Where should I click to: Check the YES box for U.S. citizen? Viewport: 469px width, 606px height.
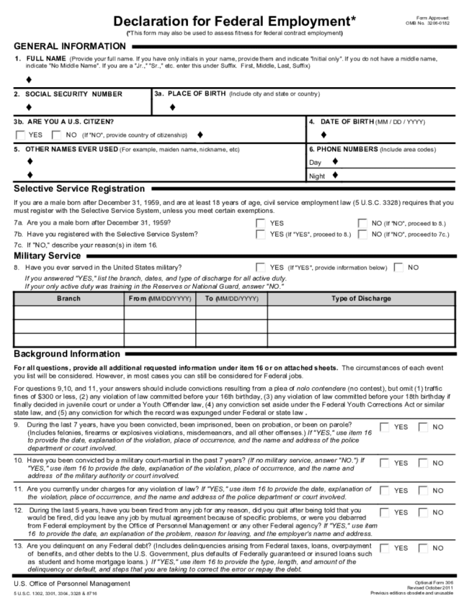21,134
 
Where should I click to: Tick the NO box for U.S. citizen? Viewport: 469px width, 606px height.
56,134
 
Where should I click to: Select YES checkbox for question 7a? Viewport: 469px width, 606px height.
261,224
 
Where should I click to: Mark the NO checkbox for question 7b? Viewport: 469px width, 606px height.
363,234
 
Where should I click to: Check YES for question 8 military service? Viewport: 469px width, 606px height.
261,267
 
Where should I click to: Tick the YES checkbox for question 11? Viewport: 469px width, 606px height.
384,490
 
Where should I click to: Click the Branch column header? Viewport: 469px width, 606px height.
68,299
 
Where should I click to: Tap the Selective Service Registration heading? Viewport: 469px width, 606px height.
79,188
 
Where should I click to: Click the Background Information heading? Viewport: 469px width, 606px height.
67,354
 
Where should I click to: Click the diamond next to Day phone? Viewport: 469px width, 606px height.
335,162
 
